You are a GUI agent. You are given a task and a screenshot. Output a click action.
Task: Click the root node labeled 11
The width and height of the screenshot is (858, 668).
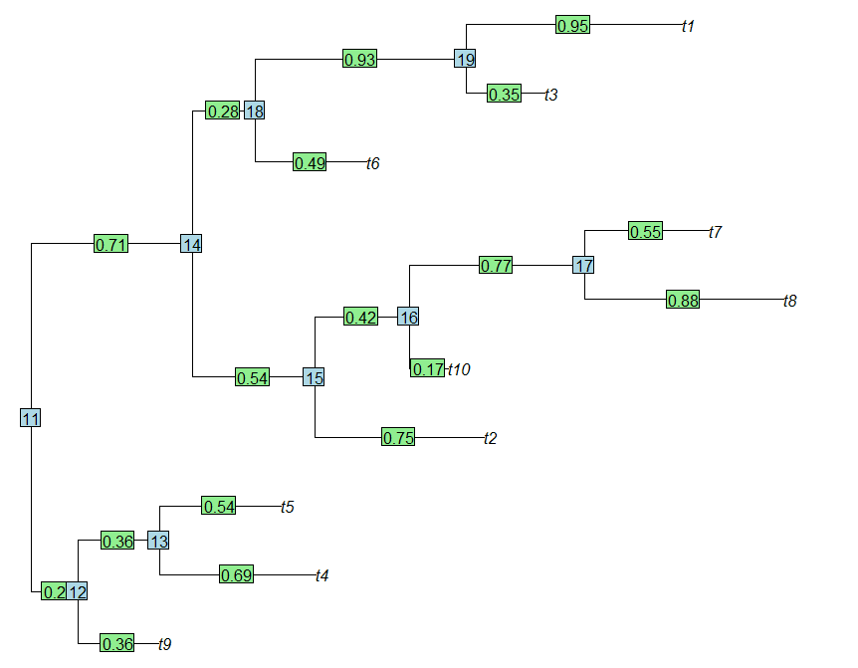(31, 418)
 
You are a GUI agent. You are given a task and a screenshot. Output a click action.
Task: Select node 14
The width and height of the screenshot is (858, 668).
(192, 244)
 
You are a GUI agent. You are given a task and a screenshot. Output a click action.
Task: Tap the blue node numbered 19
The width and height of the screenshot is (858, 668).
(465, 59)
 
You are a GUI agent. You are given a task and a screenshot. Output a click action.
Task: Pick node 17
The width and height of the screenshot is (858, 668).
(584, 266)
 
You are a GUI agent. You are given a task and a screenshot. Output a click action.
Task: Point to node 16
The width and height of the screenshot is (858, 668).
(408, 317)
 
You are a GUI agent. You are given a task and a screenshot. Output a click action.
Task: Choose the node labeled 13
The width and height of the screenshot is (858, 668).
(158, 541)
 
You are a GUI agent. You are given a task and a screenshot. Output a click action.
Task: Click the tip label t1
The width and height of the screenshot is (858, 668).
(688, 26)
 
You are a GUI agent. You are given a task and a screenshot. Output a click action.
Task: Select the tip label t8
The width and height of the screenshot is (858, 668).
(789, 301)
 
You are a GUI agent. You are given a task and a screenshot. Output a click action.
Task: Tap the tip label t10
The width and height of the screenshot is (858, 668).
(458, 369)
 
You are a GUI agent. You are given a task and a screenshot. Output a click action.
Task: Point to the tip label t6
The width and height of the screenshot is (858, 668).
(372, 163)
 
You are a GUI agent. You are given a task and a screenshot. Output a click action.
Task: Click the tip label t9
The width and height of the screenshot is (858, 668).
(165, 644)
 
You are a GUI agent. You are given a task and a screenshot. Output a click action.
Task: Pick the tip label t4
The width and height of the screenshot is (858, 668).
(322, 575)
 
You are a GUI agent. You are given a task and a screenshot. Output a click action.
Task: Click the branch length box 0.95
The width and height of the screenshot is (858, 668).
(573, 25)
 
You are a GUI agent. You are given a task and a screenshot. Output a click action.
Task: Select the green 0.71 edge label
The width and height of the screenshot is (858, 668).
(110, 244)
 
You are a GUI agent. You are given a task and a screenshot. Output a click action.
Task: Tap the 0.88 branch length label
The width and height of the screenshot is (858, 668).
(683, 300)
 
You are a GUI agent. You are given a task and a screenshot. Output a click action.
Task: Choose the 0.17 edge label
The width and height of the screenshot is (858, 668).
(428, 368)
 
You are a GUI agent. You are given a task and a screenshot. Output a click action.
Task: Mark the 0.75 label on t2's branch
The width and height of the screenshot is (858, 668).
(398, 437)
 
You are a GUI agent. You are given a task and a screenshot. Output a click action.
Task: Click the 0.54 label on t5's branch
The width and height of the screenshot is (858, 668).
(219, 506)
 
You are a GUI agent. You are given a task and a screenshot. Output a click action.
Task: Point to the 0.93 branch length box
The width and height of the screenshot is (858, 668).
(360, 60)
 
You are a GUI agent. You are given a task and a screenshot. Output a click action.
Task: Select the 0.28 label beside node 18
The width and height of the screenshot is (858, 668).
(222, 111)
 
